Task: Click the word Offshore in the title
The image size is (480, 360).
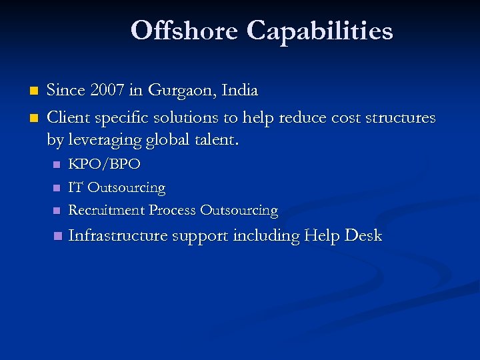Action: coord(185,31)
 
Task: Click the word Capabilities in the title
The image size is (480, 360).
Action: coord(320,31)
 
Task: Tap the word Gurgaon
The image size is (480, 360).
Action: coord(177,90)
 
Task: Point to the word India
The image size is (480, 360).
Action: coord(238,90)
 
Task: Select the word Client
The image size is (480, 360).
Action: coord(67,118)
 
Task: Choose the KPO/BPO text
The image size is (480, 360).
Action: coord(105,164)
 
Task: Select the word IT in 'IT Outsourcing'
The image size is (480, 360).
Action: coord(76,187)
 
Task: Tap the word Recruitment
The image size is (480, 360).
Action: coord(107,210)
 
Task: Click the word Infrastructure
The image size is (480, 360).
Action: coord(118,235)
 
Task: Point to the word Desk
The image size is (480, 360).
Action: coord(363,235)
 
